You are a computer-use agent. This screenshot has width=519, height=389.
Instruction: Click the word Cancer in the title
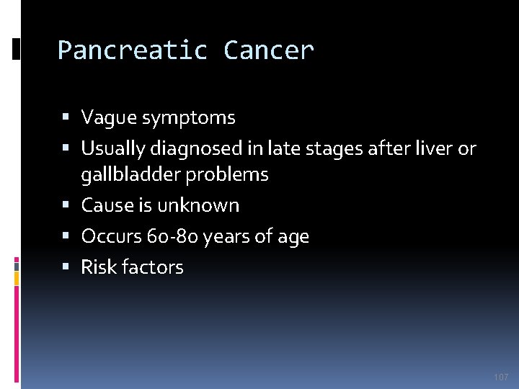269,50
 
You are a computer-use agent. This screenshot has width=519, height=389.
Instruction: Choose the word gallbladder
130,174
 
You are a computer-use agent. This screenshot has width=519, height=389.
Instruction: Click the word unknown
198,205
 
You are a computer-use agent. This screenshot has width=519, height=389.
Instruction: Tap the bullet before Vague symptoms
66,117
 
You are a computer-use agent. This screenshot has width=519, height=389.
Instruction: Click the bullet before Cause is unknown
66,205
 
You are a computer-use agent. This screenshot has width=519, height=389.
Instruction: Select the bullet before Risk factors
66,267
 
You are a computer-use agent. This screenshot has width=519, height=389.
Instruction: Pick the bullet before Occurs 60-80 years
66,236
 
